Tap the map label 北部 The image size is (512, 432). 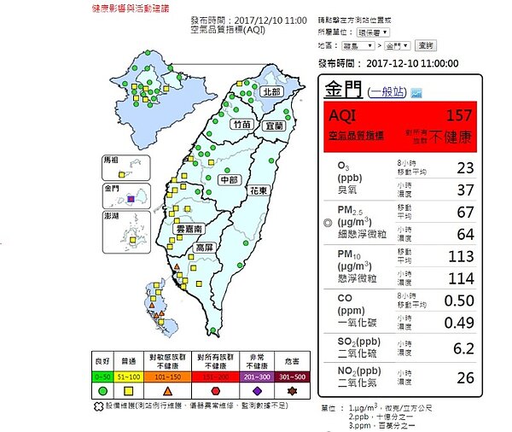(271, 91)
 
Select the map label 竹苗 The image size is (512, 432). (241, 124)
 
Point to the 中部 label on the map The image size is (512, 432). (228, 180)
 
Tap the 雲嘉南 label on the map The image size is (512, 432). (189, 230)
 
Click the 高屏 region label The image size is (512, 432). (204, 248)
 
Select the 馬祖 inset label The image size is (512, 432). (112, 160)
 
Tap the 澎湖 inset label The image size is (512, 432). (112, 217)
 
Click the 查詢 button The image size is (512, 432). (426, 44)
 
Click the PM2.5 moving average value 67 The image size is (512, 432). (465, 211)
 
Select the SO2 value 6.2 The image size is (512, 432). (464, 348)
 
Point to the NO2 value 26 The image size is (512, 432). (465, 377)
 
